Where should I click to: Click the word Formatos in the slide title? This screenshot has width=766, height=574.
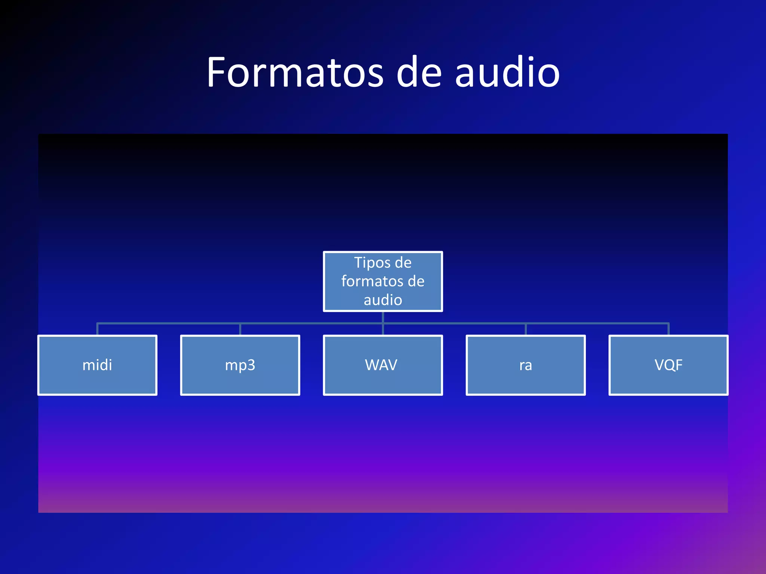pyautogui.click(x=295, y=72)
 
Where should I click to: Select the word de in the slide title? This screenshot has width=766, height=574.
pyautogui.click(x=419, y=72)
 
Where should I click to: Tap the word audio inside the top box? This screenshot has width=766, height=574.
pyautogui.click(x=383, y=300)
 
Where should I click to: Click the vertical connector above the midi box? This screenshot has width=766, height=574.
pyautogui.click(x=97, y=329)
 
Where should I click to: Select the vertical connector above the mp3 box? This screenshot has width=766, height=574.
pyautogui.click(x=240, y=329)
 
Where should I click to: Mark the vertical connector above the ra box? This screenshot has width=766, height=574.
pyautogui.click(x=526, y=329)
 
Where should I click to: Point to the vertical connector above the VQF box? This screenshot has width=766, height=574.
pyautogui.click(x=668, y=329)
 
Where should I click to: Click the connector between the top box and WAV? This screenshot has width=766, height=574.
pyautogui.click(x=383, y=323)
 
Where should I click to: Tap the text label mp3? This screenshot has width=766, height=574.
pyautogui.click(x=240, y=365)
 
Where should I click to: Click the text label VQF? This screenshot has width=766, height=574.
pyautogui.click(x=668, y=365)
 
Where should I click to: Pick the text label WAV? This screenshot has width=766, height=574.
pyautogui.click(x=381, y=365)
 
